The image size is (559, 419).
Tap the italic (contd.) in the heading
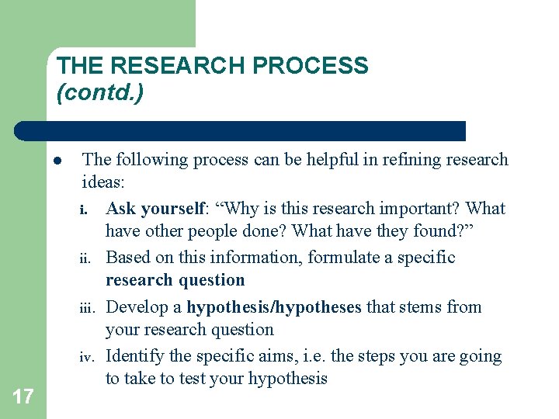(x=100, y=94)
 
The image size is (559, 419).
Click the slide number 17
(x=23, y=397)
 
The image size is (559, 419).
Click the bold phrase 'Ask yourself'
(x=155, y=209)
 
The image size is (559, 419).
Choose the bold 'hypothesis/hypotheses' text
(x=274, y=307)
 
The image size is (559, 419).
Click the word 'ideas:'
(x=103, y=182)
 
